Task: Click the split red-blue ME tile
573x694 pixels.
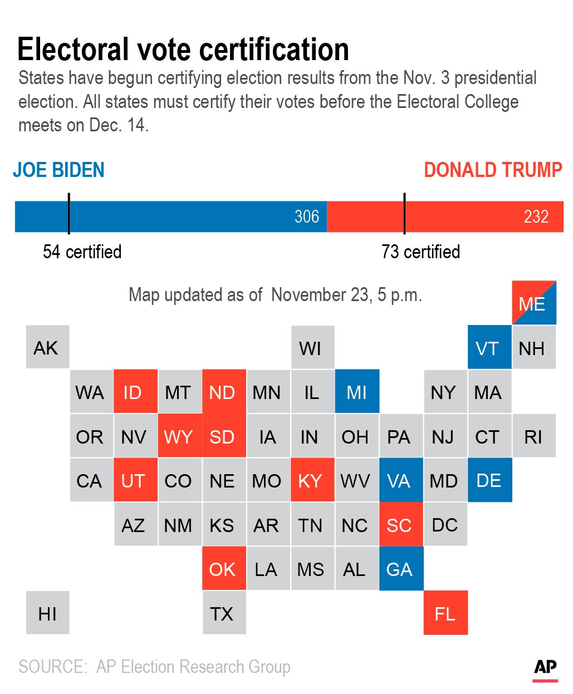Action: click(x=533, y=303)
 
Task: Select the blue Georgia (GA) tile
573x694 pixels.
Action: click(x=401, y=569)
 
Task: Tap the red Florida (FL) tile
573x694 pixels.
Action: click(x=445, y=613)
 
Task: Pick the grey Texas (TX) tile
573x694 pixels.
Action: click(x=224, y=613)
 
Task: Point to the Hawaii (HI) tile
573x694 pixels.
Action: click(x=47, y=613)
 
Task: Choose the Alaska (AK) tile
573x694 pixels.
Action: click(x=47, y=347)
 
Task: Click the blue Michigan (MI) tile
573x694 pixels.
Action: click(x=357, y=391)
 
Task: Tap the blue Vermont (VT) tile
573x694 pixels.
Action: click(x=489, y=347)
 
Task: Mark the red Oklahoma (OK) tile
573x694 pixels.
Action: click(x=224, y=569)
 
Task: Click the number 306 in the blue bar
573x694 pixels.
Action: click(x=307, y=216)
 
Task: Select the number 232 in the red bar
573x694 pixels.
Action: click(x=536, y=216)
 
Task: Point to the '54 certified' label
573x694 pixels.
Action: click(x=82, y=252)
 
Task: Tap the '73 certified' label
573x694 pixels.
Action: click(x=420, y=252)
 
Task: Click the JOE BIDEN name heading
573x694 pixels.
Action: click(x=58, y=170)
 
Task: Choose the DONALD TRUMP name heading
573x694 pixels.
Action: click(x=493, y=170)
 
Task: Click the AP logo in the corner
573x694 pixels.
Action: click(x=545, y=668)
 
